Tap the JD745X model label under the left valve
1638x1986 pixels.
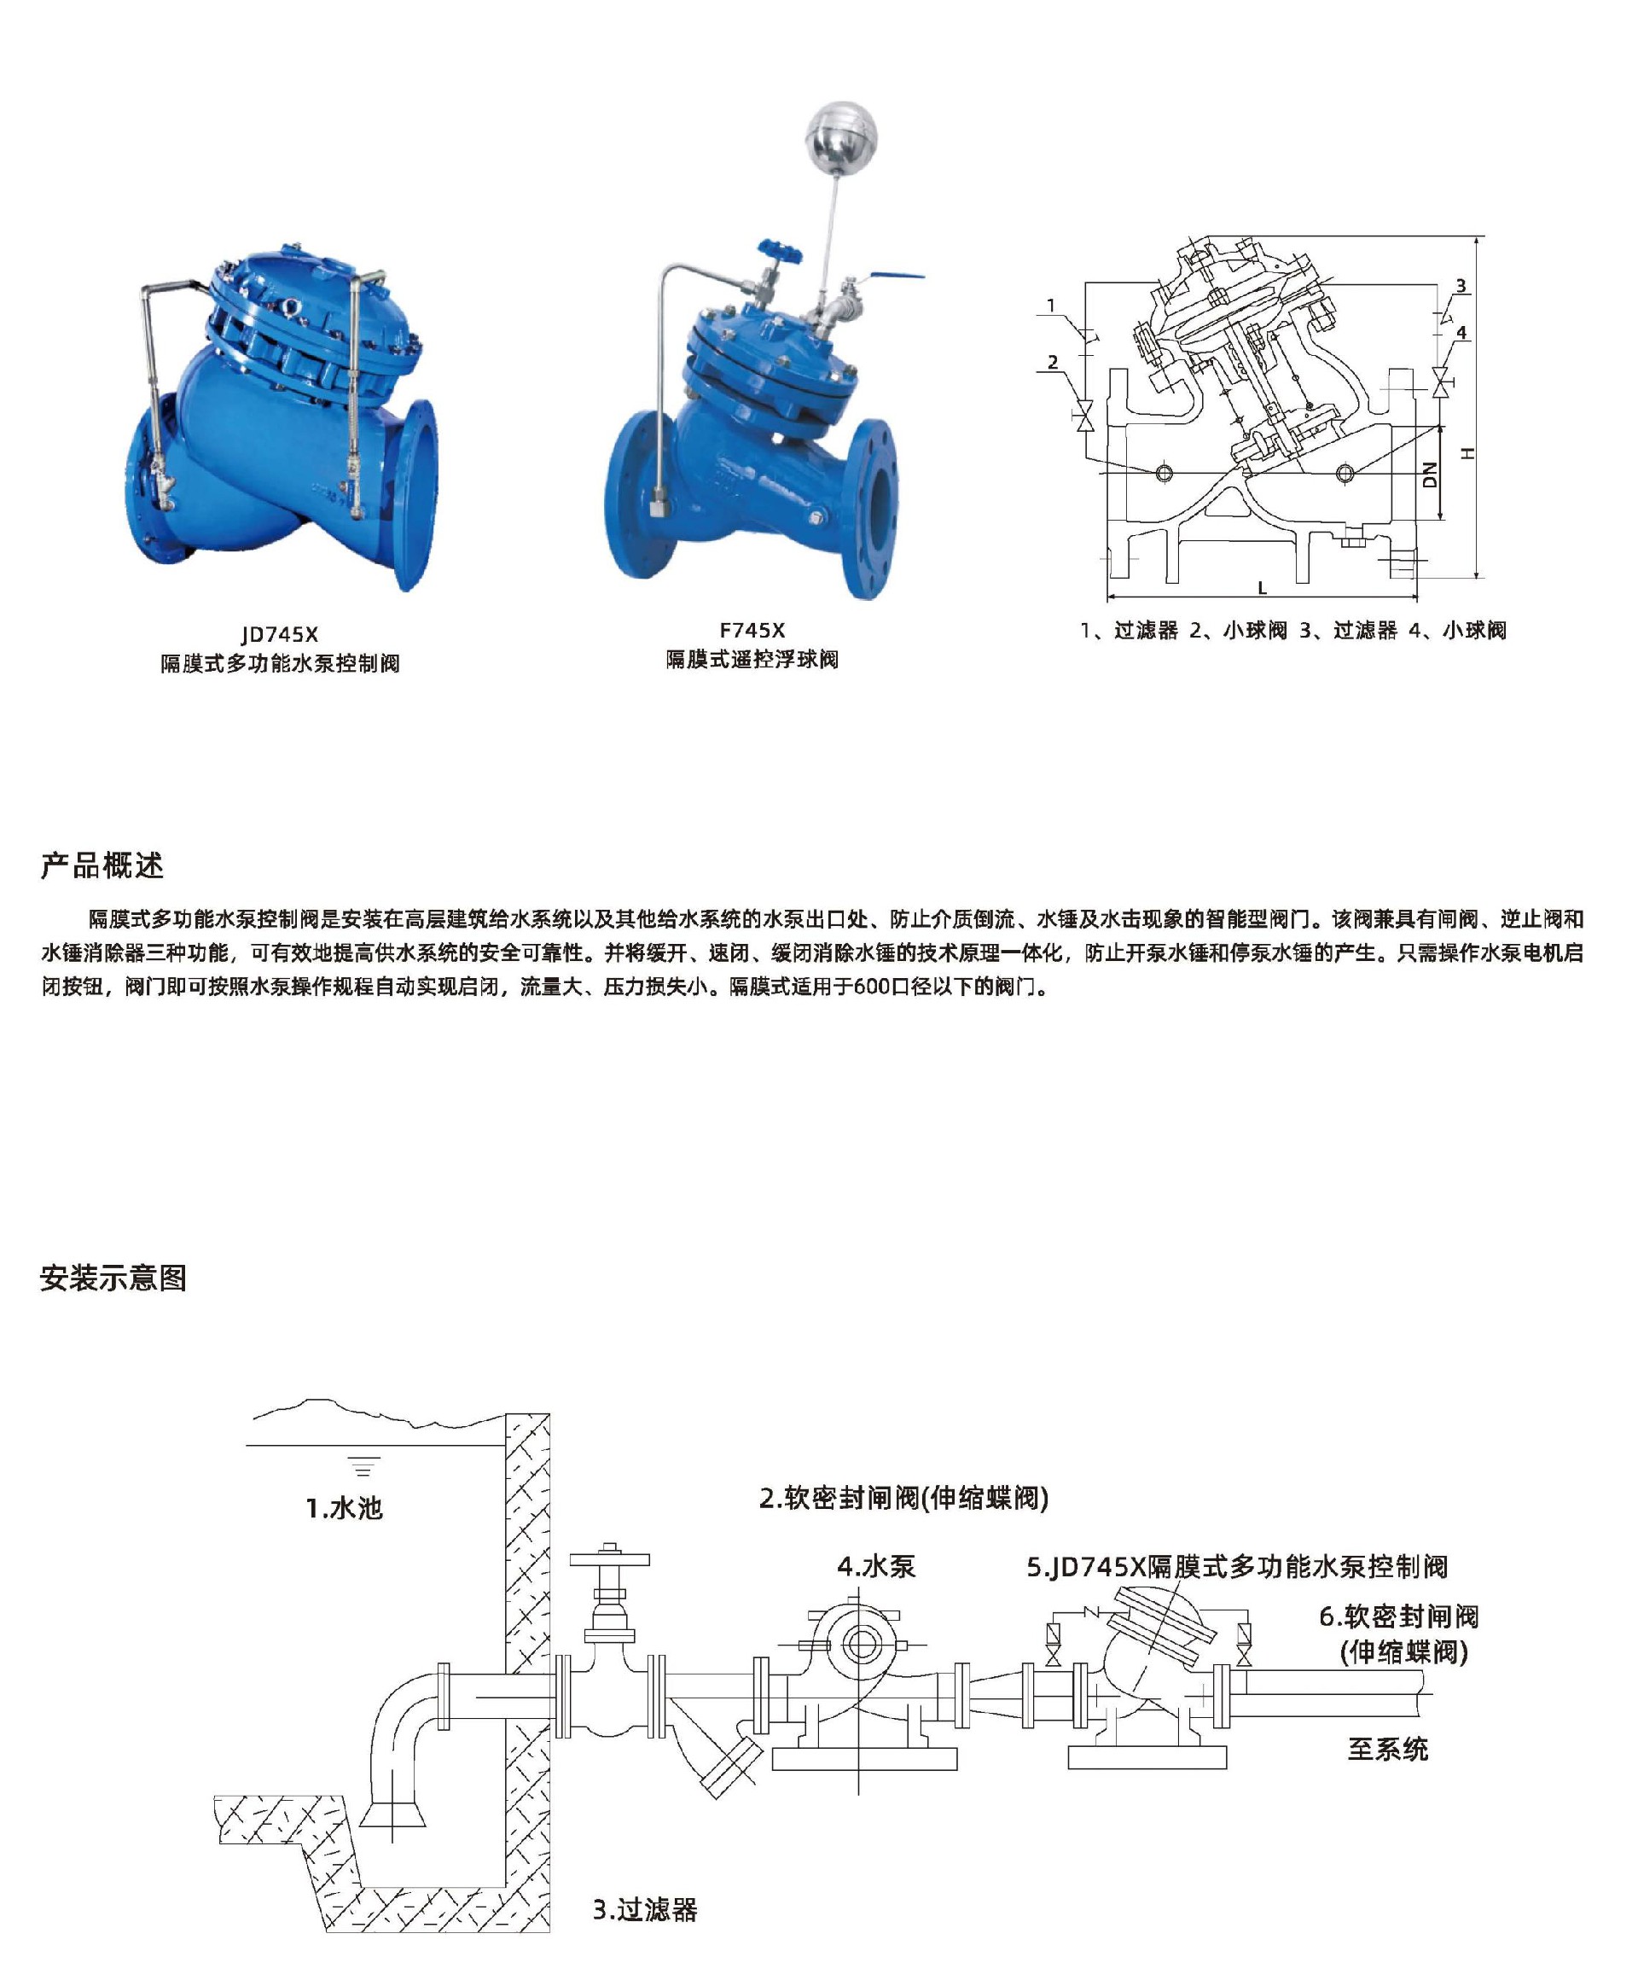pyautogui.click(x=280, y=635)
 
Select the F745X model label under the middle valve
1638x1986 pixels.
pyautogui.click(x=752, y=631)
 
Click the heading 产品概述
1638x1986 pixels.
pyautogui.click(x=102, y=865)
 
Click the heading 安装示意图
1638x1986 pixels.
pyautogui.click(x=113, y=1278)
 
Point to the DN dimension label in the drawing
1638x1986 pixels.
pyautogui.click(x=1431, y=474)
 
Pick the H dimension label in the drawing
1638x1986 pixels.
pyautogui.click(x=1467, y=453)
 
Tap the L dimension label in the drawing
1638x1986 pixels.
pyautogui.click(x=1263, y=587)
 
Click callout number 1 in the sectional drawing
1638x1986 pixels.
pyautogui.click(x=1051, y=305)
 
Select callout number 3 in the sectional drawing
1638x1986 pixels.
pyautogui.click(x=1460, y=285)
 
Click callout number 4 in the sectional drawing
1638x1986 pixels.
pyautogui.click(x=1461, y=332)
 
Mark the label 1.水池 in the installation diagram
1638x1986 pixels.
pyautogui.click(x=345, y=1508)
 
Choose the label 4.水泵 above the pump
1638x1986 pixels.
pyautogui.click(x=876, y=1567)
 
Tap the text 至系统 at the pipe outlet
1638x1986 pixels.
pyautogui.click(x=1388, y=1749)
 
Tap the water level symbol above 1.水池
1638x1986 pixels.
pyautogui.click(x=363, y=1467)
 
